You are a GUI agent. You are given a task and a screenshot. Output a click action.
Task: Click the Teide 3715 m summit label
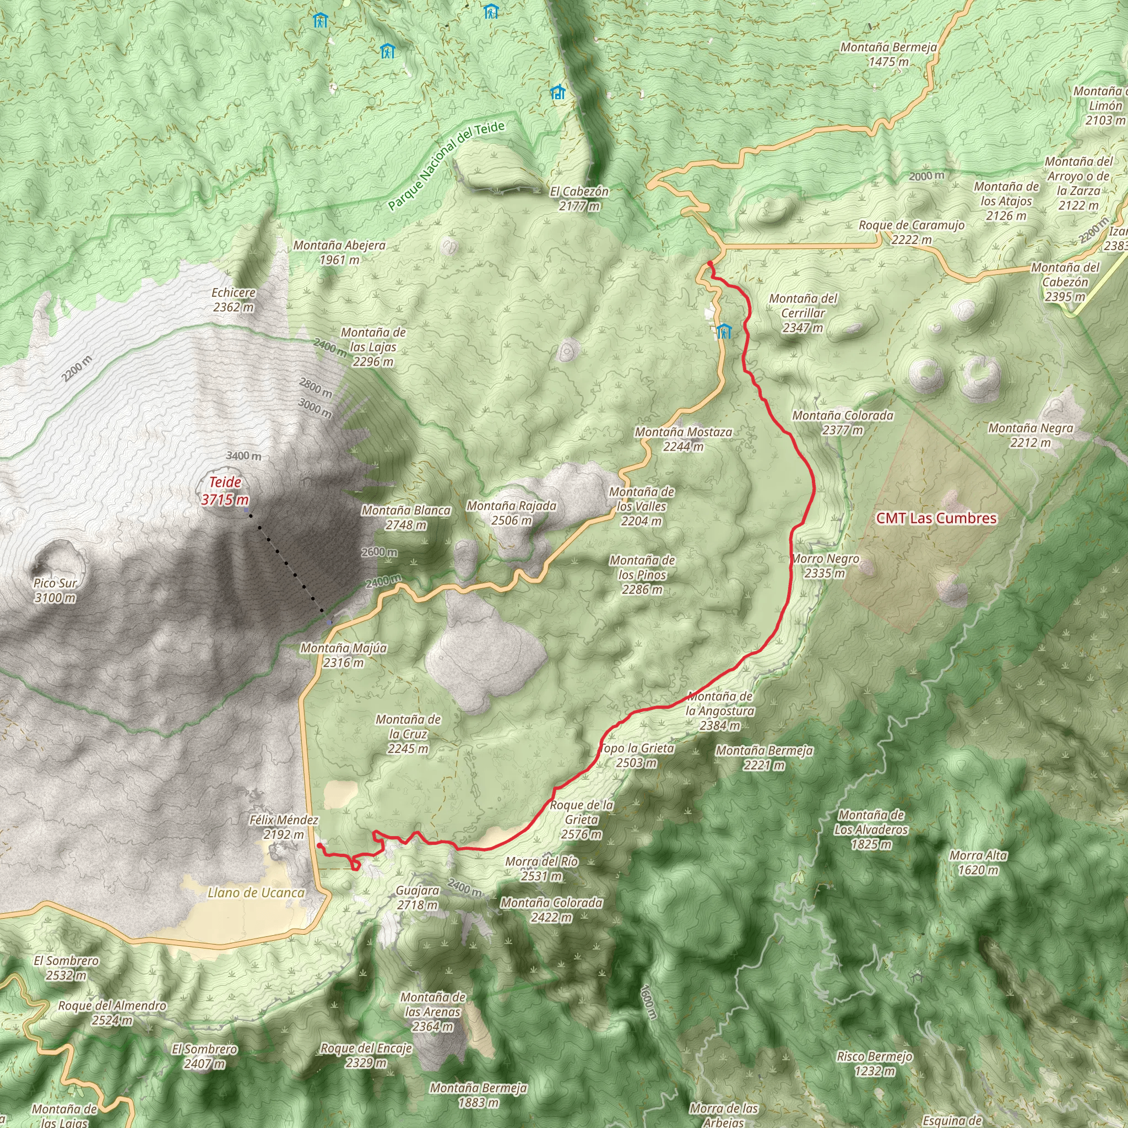tap(225, 490)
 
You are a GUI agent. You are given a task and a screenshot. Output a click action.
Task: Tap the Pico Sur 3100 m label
tap(55, 590)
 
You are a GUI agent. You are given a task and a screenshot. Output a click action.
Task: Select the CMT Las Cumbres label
tap(936, 518)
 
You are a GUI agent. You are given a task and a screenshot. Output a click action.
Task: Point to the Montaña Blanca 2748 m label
tap(406, 517)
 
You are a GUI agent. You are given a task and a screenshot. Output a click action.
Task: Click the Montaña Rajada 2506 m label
tap(511, 513)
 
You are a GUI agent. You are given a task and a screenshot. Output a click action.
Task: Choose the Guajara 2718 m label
tap(417, 897)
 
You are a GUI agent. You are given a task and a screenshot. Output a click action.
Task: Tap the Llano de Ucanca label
tap(256, 893)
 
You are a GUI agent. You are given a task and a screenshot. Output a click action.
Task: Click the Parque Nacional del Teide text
tap(446, 166)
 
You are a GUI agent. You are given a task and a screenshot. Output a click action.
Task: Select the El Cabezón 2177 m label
tap(579, 198)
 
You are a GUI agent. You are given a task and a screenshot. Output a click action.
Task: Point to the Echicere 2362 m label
tap(234, 300)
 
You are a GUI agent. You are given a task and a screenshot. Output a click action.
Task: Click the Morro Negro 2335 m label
tap(825, 566)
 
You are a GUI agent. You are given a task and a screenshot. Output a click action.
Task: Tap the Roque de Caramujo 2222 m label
tap(911, 232)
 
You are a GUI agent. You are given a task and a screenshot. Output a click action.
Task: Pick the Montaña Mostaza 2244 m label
tap(683, 439)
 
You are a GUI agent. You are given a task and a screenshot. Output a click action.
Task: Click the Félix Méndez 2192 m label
tap(284, 827)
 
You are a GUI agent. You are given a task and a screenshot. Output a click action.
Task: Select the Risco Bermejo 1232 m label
tap(874, 1063)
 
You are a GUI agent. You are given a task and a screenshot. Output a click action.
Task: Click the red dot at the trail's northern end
tap(709, 264)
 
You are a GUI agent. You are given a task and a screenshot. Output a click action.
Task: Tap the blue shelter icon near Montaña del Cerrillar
tap(724, 332)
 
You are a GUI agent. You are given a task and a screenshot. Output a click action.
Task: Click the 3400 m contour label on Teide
tap(243, 455)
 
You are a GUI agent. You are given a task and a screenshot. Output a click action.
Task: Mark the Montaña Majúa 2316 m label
tap(343, 655)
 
